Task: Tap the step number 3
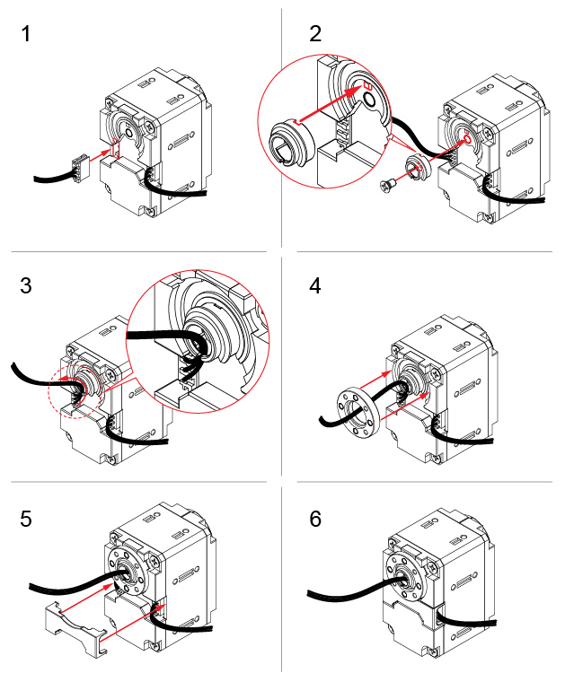(x=26, y=286)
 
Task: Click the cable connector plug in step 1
(x=80, y=165)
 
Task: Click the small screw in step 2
(x=388, y=184)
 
